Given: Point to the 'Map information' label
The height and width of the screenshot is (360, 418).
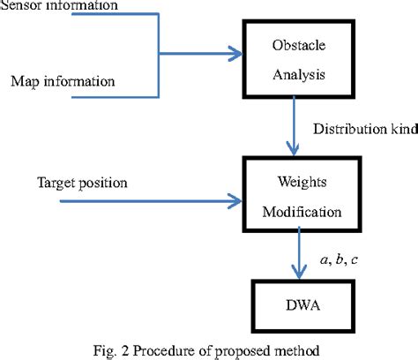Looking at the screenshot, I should [63, 82].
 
